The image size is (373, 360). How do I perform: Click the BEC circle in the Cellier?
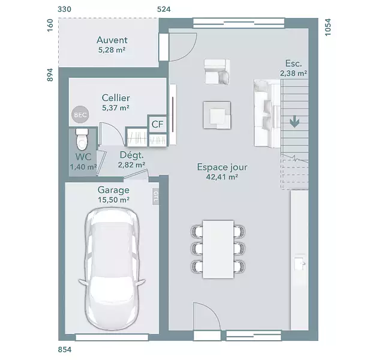[80, 115]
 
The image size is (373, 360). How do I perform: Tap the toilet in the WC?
[82, 139]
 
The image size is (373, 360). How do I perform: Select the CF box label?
[158, 124]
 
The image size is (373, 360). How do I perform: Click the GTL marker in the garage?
[155, 196]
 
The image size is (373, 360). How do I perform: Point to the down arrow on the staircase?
[294, 121]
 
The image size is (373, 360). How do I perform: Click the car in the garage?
[112, 269]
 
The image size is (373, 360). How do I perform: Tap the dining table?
[218, 249]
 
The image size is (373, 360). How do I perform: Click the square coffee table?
[217, 115]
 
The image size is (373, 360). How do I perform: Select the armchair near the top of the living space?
[217, 71]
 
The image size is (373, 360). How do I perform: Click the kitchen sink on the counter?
[300, 263]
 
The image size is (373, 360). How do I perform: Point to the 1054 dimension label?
[328, 28]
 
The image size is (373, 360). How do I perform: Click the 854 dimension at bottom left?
[65, 350]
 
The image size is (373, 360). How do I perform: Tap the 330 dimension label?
[65, 9]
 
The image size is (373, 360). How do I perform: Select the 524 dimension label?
[164, 9]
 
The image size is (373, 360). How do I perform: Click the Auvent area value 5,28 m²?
[112, 50]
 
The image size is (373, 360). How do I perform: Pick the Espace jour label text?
[222, 167]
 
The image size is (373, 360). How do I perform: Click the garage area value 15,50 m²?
[114, 200]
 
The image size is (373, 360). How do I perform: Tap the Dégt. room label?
[132, 155]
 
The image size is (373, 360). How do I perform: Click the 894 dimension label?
[50, 75]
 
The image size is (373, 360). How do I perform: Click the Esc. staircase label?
[294, 64]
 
